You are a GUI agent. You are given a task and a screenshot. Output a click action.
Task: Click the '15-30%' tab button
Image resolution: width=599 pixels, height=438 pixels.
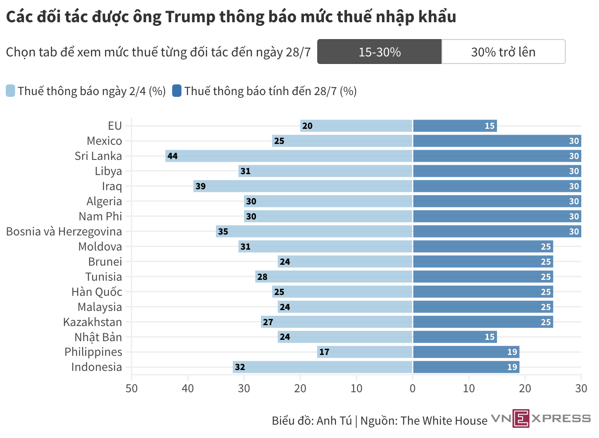(379, 52)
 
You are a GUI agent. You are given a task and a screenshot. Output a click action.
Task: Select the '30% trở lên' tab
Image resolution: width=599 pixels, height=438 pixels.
(503, 52)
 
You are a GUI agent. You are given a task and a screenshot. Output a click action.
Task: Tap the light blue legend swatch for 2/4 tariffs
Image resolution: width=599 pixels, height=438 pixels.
(11, 91)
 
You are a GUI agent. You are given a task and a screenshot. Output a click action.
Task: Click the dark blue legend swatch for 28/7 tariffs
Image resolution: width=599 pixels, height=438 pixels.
(177, 91)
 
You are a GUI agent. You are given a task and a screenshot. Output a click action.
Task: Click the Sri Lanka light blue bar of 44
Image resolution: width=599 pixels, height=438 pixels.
(288, 156)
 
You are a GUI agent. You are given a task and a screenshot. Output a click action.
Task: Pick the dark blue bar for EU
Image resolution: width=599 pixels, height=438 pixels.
(455, 126)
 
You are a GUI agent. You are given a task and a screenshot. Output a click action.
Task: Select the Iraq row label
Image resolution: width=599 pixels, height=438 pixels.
(112, 186)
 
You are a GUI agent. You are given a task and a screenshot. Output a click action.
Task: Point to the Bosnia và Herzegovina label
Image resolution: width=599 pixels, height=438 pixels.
(64, 231)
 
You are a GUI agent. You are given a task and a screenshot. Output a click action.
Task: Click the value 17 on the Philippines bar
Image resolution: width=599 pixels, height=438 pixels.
(324, 352)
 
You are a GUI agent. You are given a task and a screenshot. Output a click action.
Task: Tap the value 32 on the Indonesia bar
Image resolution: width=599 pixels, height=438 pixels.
(240, 367)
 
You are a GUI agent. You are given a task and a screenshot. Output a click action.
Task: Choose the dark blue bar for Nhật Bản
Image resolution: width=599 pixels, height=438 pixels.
(455, 337)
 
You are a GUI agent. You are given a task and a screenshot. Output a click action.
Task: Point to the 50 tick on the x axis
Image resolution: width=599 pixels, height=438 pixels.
(132, 389)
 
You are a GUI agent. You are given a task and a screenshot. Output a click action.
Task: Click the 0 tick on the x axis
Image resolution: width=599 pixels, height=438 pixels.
(413, 389)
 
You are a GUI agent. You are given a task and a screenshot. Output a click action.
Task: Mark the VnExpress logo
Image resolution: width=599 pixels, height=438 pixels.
(541, 418)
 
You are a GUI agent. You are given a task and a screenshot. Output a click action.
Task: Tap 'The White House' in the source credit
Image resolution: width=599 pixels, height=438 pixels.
(444, 421)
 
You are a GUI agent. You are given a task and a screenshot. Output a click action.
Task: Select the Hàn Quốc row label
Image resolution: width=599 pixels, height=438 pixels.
(97, 292)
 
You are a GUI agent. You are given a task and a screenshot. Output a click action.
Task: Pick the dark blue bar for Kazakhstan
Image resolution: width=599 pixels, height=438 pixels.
(483, 322)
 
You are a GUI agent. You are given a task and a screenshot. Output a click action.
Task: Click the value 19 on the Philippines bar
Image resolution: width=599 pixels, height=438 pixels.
(512, 352)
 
